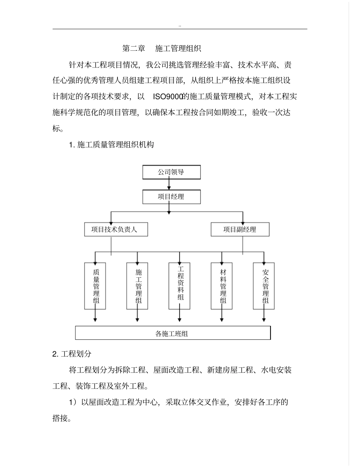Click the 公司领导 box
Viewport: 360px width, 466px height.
tap(171, 172)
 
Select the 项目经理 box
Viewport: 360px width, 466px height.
tap(171, 197)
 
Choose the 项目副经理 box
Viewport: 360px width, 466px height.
tap(240, 229)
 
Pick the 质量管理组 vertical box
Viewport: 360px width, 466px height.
tap(95, 286)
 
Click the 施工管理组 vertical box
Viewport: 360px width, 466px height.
tap(137, 286)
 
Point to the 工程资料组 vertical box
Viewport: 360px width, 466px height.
tap(180, 286)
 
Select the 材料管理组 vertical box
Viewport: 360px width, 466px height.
tap(222, 286)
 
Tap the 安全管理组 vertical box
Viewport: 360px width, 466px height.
tap(264, 286)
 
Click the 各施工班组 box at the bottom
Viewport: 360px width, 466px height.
tap(173, 333)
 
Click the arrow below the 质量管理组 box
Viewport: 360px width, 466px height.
tap(95, 316)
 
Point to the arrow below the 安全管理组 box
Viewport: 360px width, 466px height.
tap(264, 316)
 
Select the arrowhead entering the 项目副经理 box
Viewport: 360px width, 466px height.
tap(243, 220)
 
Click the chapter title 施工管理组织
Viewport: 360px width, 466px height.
tap(178, 48)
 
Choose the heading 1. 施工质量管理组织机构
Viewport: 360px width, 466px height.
tap(111, 144)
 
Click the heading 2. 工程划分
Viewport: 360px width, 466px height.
tap(72, 354)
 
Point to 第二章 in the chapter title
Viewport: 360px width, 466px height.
tap(134, 48)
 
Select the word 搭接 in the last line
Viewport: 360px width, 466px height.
tap(61, 418)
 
